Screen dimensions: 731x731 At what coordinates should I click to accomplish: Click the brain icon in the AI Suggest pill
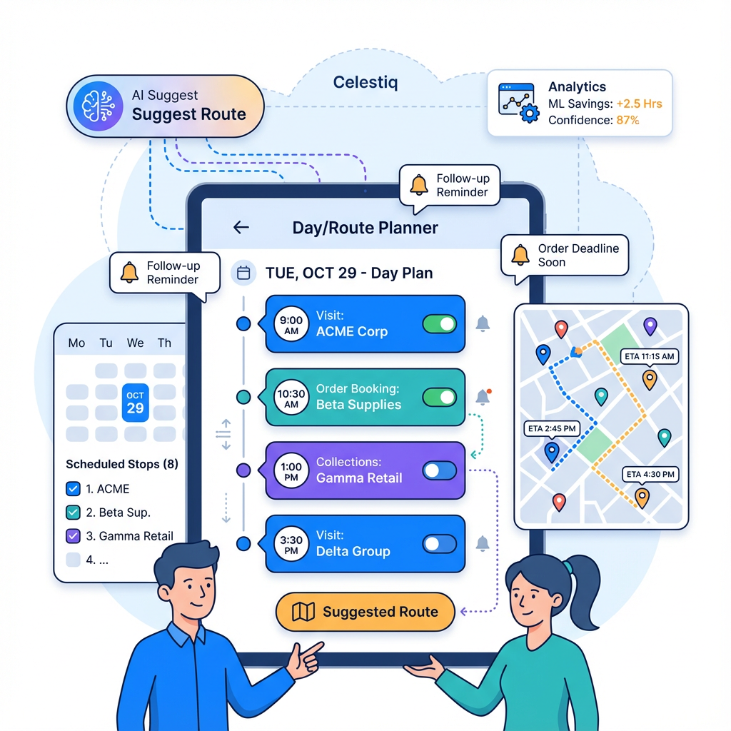[x=98, y=106]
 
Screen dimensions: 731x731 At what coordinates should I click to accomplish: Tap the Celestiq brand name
[x=365, y=83]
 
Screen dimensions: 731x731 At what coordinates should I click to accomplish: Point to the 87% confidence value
[x=627, y=120]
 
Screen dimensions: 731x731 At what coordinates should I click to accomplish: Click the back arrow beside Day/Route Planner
[x=241, y=227]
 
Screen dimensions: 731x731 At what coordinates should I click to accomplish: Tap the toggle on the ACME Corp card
[x=439, y=323]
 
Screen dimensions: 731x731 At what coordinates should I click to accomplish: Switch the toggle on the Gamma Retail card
[x=439, y=470]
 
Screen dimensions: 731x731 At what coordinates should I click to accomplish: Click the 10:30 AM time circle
[x=291, y=397]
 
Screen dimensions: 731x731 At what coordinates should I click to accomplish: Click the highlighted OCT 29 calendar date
[x=135, y=403]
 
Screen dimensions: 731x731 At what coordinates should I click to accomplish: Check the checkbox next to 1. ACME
[x=73, y=489]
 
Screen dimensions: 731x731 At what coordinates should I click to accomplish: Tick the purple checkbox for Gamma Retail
[x=73, y=535]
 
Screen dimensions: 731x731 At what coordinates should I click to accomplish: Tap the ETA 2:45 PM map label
[x=551, y=428]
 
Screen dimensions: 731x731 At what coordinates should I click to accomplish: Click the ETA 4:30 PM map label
[x=650, y=474]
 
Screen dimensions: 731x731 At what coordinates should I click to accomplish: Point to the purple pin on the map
[x=650, y=326]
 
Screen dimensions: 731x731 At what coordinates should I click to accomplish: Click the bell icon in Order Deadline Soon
[x=520, y=254]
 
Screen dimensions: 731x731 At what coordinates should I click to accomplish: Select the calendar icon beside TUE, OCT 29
[x=243, y=273]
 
